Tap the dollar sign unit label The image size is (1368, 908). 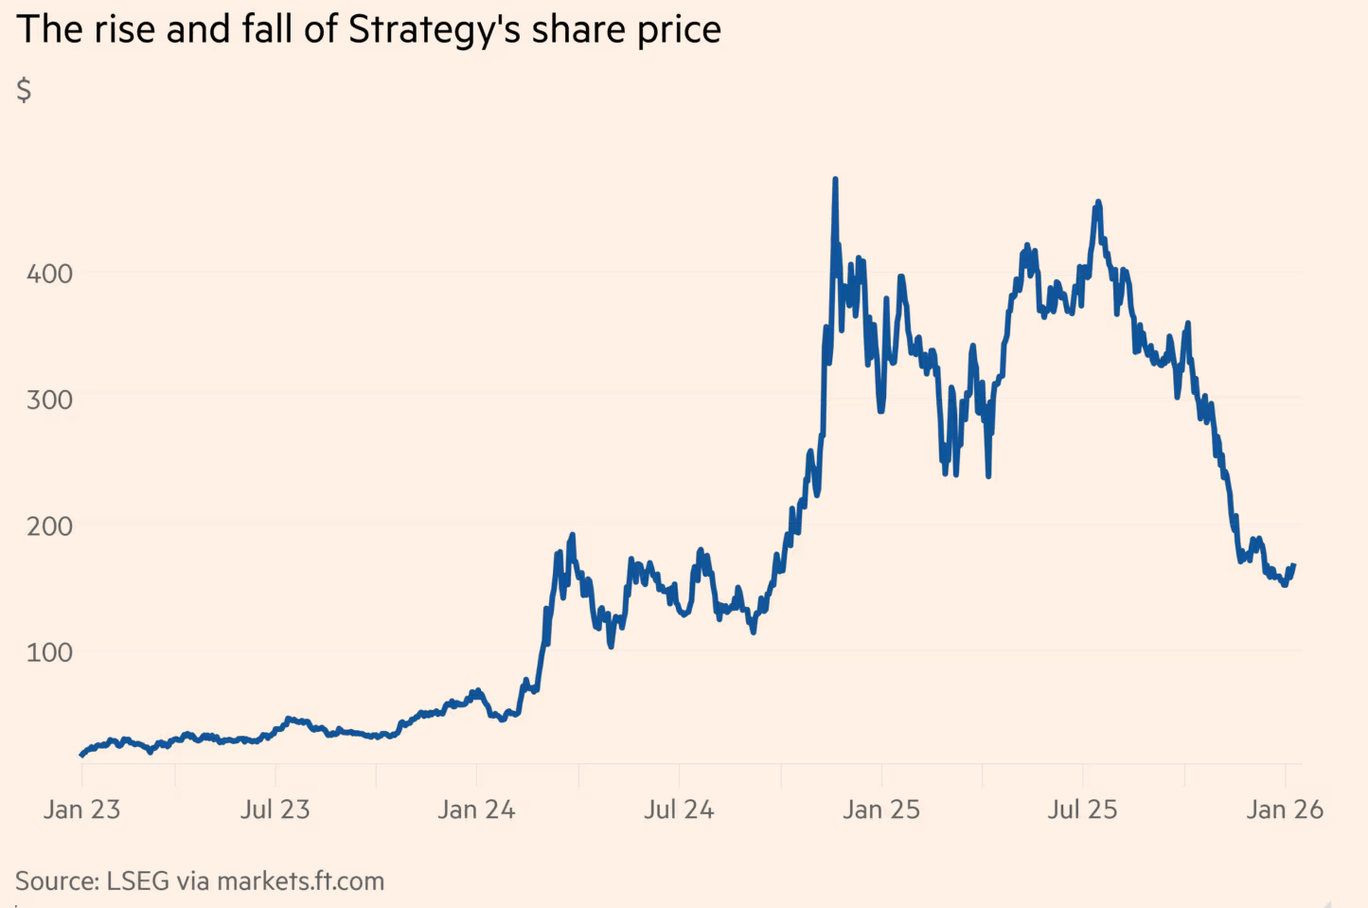tap(25, 90)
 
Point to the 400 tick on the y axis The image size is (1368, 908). tap(49, 274)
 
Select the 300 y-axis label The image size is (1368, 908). tap(49, 400)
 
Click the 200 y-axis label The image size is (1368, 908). tap(49, 526)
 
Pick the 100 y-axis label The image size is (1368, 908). tap(49, 652)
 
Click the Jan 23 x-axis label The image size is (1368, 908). tap(81, 810)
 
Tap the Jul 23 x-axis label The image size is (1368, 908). tap(275, 810)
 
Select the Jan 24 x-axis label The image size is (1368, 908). tap(476, 810)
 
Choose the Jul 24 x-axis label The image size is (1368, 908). tap(679, 810)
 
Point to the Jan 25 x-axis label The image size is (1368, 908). tap(881, 810)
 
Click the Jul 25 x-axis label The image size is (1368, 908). tap(1082, 810)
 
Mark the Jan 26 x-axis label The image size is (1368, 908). tap(1285, 810)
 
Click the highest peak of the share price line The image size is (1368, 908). tap(835, 179)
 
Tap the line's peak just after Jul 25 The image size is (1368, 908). tap(1097, 202)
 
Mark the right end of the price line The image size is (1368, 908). tap(1293, 566)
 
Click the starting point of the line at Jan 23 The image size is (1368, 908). tap(81, 755)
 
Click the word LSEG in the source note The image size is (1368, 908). tap(138, 881)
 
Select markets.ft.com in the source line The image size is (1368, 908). tap(301, 881)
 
